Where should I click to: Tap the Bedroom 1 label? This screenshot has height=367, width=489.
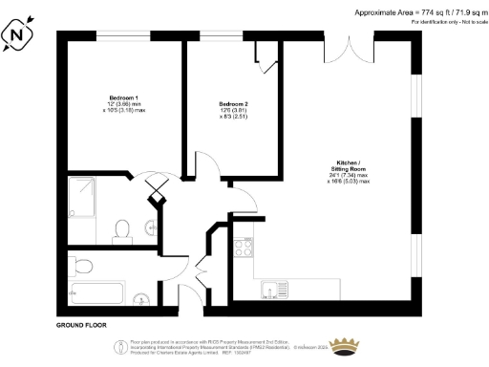pos(124,99)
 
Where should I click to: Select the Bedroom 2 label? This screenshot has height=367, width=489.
pos(233,103)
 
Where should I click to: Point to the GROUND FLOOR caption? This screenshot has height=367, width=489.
pos(81,325)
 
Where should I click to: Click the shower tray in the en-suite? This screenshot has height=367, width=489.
pos(86,195)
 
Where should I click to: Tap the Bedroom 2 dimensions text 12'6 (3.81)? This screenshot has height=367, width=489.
pos(233,111)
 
